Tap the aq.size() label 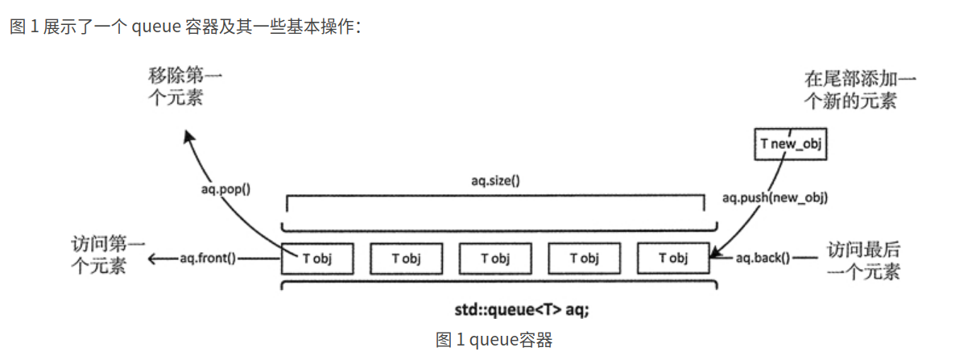pyautogui.click(x=495, y=180)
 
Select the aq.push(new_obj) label pyautogui.click(x=775, y=197)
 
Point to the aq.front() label pyautogui.click(x=208, y=258)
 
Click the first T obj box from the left pyautogui.click(x=317, y=258)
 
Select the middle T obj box pyautogui.click(x=495, y=258)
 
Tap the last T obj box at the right pyautogui.click(x=673, y=258)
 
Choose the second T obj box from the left pyautogui.click(x=407, y=258)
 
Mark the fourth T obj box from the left pyautogui.click(x=584, y=258)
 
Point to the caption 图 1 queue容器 pyautogui.click(x=494, y=340)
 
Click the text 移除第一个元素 pyautogui.click(x=184, y=86)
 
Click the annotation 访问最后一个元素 pyautogui.click(x=863, y=260)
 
